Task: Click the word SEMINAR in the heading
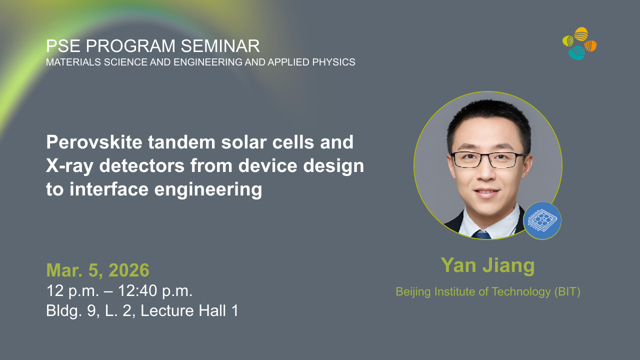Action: [x=220, y=46]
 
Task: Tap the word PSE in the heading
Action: [x=63, y=46]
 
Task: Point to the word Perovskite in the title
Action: [x=94, y=142]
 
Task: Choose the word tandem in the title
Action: [x=181, y=142]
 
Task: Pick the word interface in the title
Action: [x=109, y=189]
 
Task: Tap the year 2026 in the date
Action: [x=129, y=270]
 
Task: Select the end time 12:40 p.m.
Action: [x=155, y=291]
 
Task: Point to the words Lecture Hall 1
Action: [x=189, y=310]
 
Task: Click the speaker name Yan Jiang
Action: [x=487, y=265]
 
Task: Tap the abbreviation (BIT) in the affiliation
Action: [x=567, y=291]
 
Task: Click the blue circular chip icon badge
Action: [x=542, y=220]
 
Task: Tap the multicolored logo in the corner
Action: [x=579, y=43]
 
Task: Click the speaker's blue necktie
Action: [x=481, y=234]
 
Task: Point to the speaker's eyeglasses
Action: [x=488, y=159]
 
